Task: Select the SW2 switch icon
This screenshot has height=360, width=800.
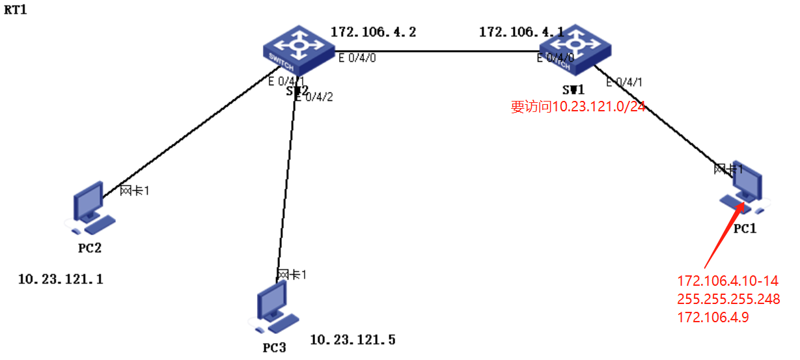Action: (x=298, y=51)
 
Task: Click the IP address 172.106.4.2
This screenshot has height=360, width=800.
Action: (x=373, y=31)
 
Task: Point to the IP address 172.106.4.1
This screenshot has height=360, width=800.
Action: (x=521, y=31)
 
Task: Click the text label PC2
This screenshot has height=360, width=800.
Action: (x=90, y=248)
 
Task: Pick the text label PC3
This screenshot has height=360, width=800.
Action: (x=274, y=348)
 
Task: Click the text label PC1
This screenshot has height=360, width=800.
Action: (x=743, y=229)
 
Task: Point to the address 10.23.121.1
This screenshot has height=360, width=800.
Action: (x=61, y=280)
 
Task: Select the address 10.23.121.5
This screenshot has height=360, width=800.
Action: (x=352, y=340)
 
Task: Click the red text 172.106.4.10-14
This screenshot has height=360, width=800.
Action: (x=728, y=281)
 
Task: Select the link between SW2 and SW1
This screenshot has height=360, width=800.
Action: (x=436, y=51)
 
